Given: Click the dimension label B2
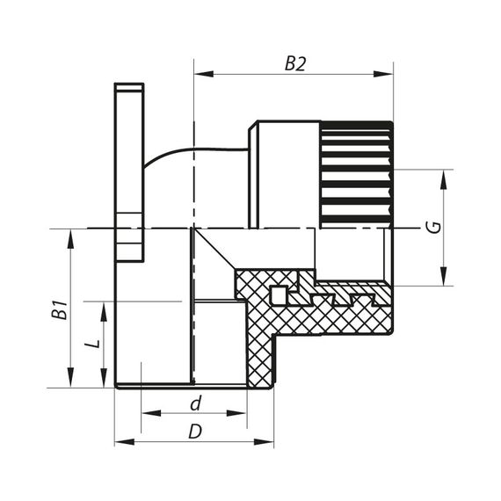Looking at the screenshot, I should (x=294, y=63).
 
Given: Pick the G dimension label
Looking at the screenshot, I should (x=431, y=227).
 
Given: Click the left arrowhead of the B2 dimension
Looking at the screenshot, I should (x=200, y=75).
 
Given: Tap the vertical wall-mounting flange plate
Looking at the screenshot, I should (x=128, y=171).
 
